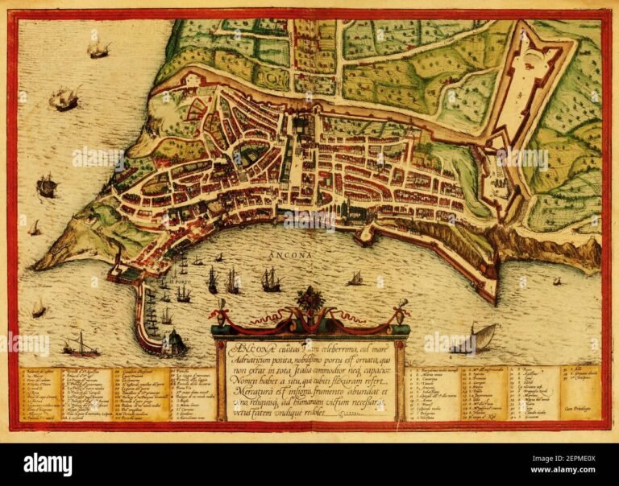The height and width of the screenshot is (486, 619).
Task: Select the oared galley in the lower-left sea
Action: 81,347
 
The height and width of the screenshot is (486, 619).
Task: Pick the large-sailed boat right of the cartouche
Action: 480,336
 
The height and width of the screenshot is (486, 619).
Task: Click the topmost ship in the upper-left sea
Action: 98,50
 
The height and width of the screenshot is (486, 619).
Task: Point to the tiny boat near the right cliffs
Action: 556,281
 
